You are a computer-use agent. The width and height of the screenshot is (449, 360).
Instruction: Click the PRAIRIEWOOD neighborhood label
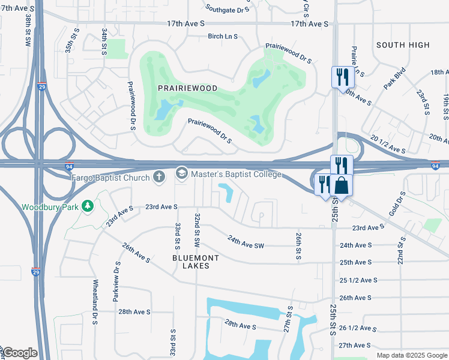click(187, 88)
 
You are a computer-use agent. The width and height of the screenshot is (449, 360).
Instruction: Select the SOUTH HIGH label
click(403, 45)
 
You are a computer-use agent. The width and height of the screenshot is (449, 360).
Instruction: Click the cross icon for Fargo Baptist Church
click(159, 175)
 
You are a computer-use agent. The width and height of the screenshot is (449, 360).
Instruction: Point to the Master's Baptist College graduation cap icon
click(181, 174)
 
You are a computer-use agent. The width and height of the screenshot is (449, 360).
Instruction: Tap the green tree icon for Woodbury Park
click(88, 206)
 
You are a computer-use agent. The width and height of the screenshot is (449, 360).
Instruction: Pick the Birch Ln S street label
click(223, 36)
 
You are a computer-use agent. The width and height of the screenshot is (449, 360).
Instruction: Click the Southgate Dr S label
click(228, 10)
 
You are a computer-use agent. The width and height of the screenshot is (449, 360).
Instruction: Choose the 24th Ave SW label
click(246, 242)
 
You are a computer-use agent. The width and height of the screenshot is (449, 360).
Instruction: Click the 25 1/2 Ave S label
click(360, 280)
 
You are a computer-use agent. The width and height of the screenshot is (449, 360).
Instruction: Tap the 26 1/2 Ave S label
click(360, 328)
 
